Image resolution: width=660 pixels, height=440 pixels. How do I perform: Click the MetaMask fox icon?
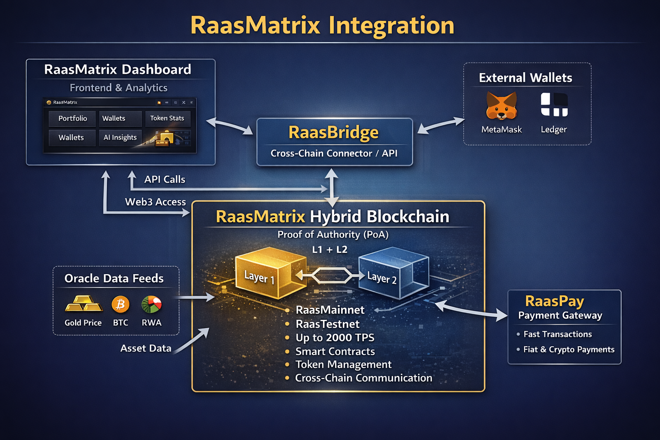tap(501, 106)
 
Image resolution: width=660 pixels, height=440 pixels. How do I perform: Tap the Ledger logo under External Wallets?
tap(554, 104)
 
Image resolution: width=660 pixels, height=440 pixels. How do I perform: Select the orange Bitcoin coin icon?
tap(120, 304)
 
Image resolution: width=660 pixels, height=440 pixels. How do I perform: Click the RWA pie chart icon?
tap(151, 304)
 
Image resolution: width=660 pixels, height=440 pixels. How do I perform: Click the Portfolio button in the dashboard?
tap(73, 119)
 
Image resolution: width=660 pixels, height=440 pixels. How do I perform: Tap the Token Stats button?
tap(167, 118)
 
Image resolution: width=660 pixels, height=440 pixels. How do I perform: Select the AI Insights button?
tap(120, 137)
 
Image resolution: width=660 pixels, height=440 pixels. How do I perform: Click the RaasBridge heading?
tap(333, 132)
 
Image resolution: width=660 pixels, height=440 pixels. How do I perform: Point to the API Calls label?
tap(165, 180)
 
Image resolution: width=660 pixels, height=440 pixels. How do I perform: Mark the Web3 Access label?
tap(155, 202)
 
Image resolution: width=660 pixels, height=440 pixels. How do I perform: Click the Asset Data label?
tap(146, 348)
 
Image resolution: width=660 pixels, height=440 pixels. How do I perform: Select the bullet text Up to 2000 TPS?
tap(335, 338)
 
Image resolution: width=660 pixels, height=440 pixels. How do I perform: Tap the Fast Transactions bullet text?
tap(557, 334)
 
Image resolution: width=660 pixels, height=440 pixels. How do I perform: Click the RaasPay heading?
tap(554, 301)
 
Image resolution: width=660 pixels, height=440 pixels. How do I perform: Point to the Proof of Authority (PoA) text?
tap(333, 235)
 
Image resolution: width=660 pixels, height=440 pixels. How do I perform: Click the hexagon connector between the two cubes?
tap(331, 275)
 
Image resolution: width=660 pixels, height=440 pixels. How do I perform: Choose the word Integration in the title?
tap(391, 25)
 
